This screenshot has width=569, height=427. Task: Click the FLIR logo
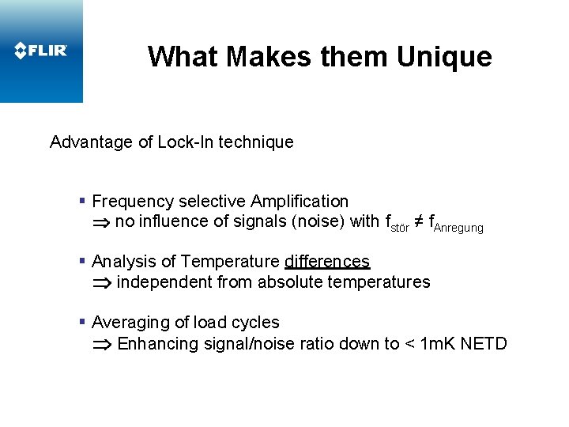[x=41, y=51]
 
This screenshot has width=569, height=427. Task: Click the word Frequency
[x=129, y=202]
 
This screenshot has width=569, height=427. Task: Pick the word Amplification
[x=301, y=202]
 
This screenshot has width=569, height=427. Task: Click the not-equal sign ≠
[x=418, y=221]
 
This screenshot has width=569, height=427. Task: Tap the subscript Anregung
[x=458, y=228]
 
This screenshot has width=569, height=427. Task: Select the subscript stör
[x=400, y=227]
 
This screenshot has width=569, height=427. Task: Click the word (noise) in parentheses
[x=318, y=221]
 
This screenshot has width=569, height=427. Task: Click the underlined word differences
[x=327, y=262]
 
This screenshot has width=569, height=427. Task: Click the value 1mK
[x=436, y=343]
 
